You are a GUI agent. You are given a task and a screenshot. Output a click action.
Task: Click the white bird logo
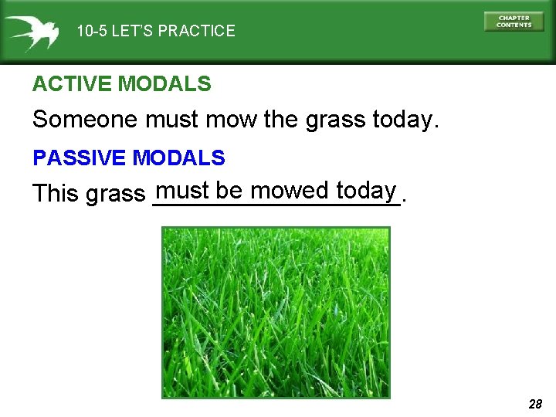[31, 31]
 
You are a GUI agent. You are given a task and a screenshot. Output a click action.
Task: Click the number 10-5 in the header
[92, 32]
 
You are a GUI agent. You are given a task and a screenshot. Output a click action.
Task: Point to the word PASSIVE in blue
[80, 158]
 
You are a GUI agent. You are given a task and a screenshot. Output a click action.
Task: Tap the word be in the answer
[229, 190]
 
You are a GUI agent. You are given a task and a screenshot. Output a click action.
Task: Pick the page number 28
[535, 404]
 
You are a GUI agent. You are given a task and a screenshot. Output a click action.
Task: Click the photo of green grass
[276, 312]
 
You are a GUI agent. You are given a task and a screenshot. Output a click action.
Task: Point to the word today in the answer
[367, 191]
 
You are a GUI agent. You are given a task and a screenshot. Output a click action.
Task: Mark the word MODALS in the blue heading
[179, 158]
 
